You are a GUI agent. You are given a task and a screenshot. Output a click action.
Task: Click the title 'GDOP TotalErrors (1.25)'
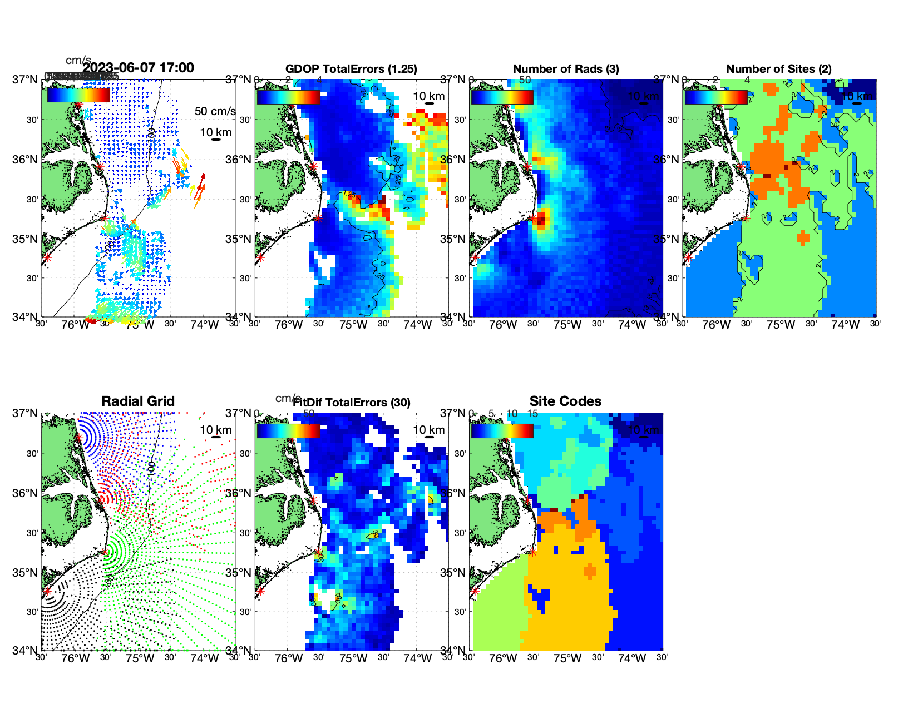pos(351,69)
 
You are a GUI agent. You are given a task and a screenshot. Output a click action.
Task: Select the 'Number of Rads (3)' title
pos(566,69)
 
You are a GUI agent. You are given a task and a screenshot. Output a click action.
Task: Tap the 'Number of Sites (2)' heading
pos(778,69)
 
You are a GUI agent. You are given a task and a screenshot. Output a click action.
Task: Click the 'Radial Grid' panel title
pos(138,401)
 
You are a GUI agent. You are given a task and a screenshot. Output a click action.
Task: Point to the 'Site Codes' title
pos(565,401)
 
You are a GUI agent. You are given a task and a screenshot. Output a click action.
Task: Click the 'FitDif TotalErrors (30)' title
pos(352,403)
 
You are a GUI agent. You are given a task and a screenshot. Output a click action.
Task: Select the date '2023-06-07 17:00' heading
pos(138,68)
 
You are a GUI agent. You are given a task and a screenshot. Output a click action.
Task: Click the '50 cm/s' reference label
pos(215,111)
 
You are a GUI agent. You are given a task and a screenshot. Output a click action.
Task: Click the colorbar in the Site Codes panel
pos(502,431)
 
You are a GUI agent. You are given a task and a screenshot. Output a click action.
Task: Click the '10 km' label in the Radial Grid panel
pos(215,430)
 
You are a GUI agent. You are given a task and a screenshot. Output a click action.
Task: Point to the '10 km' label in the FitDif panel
pos(428,430)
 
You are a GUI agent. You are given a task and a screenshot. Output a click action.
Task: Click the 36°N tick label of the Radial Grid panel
pos(25,493)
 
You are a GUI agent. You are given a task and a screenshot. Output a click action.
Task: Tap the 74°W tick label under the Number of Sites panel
pos(845,325)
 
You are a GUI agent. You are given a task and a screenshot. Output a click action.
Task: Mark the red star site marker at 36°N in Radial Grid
pos(101,500)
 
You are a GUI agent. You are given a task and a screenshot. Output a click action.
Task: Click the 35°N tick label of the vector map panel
pos(25,239)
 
